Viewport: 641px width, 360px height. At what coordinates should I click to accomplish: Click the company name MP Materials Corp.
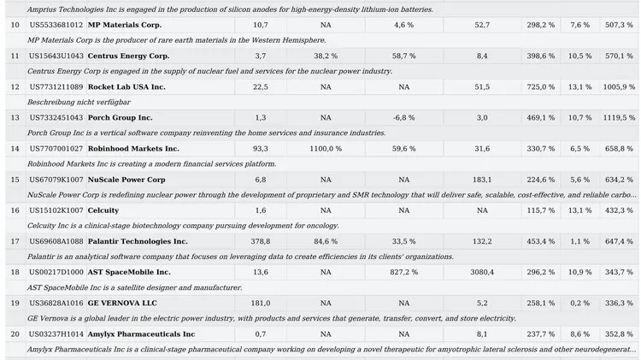[x=125, y=25]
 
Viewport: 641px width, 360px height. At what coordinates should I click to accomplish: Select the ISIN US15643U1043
[x=56, y=56]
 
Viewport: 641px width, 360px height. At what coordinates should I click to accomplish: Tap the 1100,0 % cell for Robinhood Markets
[x=326, y=149]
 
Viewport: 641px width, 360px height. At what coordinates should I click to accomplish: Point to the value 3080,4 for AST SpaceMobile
[x=482, y=273]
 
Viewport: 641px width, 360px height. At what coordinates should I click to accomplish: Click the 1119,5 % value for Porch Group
[x=619, y=118]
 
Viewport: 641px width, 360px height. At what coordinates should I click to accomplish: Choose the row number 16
[x=15, y=210]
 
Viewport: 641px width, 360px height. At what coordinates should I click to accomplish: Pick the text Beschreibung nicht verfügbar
[x=79, y=103]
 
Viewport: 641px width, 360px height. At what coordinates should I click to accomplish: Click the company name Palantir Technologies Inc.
[x=138, y=242]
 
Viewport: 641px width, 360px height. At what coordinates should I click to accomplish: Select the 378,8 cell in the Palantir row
[x=261, y=242]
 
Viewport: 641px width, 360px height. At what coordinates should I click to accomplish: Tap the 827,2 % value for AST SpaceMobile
[x=404, y=273]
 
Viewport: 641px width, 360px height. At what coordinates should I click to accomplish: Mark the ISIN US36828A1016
[x=56, y=304]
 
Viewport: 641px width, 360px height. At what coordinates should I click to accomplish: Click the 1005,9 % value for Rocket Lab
[x=619, y=87]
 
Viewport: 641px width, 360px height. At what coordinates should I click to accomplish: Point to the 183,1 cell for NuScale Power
[x=482, y=180]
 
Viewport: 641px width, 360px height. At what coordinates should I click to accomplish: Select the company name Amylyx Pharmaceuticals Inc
[x=141, y=334]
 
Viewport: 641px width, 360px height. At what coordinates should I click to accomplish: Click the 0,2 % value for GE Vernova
[x=580, y=304]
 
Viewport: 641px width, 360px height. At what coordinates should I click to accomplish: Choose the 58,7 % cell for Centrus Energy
[x=404, y=56]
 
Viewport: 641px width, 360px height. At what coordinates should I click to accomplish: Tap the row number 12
[x=15, y=87]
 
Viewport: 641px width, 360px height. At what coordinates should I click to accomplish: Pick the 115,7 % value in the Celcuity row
[x=541, y=210]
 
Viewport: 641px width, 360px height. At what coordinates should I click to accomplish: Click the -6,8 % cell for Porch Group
[x=404, y=118]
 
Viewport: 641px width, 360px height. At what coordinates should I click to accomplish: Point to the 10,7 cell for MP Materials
[x=261, y=25]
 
